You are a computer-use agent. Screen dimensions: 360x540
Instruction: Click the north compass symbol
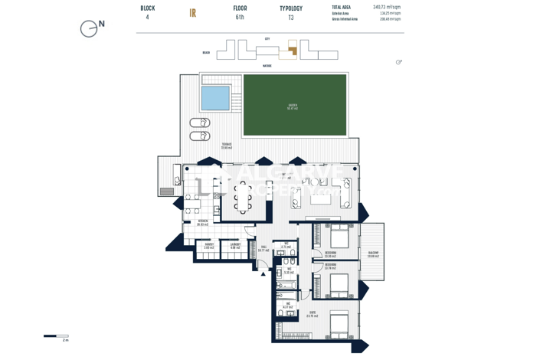coord(90,28)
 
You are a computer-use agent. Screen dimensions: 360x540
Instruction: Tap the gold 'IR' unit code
coord(193,13)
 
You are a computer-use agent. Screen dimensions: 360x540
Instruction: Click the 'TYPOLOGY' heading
coord(291,8)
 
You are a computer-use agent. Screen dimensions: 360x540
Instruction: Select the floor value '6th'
coord(240,18)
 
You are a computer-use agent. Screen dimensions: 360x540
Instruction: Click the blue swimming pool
coord(215,98)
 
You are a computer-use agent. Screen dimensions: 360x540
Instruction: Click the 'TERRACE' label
coord(227,146)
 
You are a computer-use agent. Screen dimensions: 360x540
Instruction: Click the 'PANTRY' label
coord(208,245)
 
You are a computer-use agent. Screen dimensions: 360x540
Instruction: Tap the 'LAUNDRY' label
coord(235,245)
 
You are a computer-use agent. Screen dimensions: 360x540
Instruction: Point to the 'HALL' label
coord(263,248)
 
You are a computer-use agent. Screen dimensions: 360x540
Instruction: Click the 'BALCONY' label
coord(373,254)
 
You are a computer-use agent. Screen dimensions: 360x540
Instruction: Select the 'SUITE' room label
coord(313,313)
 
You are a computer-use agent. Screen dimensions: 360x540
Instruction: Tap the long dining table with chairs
coord(244,195)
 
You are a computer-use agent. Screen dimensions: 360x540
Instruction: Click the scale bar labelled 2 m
coord(56,336)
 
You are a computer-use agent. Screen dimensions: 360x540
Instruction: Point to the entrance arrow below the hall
coord(263,272)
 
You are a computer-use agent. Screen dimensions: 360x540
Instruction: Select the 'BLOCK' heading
coord(147,8)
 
